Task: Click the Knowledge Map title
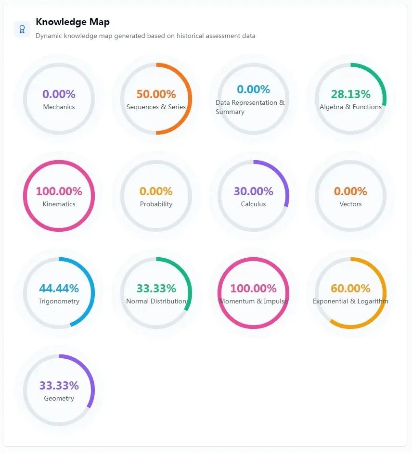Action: [x=73, y=22]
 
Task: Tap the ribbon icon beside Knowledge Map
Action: [x=22, y=29]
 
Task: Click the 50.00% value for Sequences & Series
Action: [x=156, y=94]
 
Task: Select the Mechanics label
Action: [x=59, y=107]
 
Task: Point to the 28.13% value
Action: [x=350, y=94]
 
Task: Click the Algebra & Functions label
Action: [x=350, y=107]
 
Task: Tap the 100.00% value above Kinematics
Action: [x=59, y=191]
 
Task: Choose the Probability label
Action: [x=156, y=204]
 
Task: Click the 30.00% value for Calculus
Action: [x=253, y=191]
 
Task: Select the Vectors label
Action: [x=350, y=204]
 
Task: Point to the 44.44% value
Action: [x=59, y=289]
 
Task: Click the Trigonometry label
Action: [x=59, y=301]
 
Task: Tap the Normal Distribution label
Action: [x=156, y=301]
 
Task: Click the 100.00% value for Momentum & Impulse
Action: [x=253, y=289]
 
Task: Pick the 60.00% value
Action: [x=350, y=289]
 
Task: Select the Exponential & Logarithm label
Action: [x=350, y=301]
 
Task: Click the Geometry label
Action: [x=59, y=398]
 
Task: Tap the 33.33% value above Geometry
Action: [x=59, y=386]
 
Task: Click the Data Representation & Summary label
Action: [x=250, y=107]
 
